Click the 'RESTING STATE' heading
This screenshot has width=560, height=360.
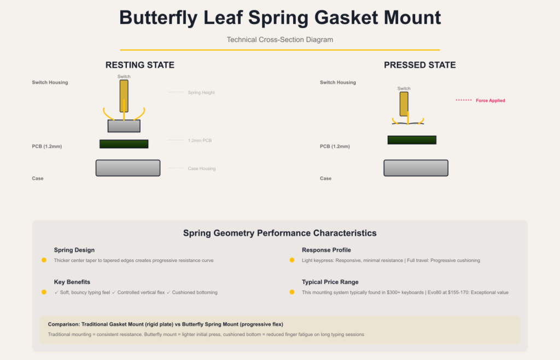[139, 65]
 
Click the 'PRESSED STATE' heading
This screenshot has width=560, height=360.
[419, 65]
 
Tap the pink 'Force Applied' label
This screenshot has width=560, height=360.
[491, 100]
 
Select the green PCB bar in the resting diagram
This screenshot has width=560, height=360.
[124, 144]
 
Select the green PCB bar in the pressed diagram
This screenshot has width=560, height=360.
[412, 140]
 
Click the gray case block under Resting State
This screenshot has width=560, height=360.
[128, 168]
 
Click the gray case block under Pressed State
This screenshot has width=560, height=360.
[416, 168]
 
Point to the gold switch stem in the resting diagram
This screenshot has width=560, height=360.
[124, 96]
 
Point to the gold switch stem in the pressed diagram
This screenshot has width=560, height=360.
[404, 104]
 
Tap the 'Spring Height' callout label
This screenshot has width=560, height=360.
[201, 92]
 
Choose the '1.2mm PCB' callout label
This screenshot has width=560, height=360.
[200, 141]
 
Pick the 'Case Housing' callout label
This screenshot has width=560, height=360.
[202, 169]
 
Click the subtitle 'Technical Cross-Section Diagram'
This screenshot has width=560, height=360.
[280, 39]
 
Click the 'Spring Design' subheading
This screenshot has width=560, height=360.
[74, 250]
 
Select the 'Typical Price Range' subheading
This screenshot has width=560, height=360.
[330, 282]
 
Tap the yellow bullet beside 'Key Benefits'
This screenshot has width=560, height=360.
[44, 292]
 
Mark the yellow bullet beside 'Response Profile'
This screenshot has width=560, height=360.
[292, 260]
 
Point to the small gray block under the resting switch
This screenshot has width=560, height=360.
[124, 126]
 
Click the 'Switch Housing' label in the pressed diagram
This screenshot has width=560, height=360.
[338, 82]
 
